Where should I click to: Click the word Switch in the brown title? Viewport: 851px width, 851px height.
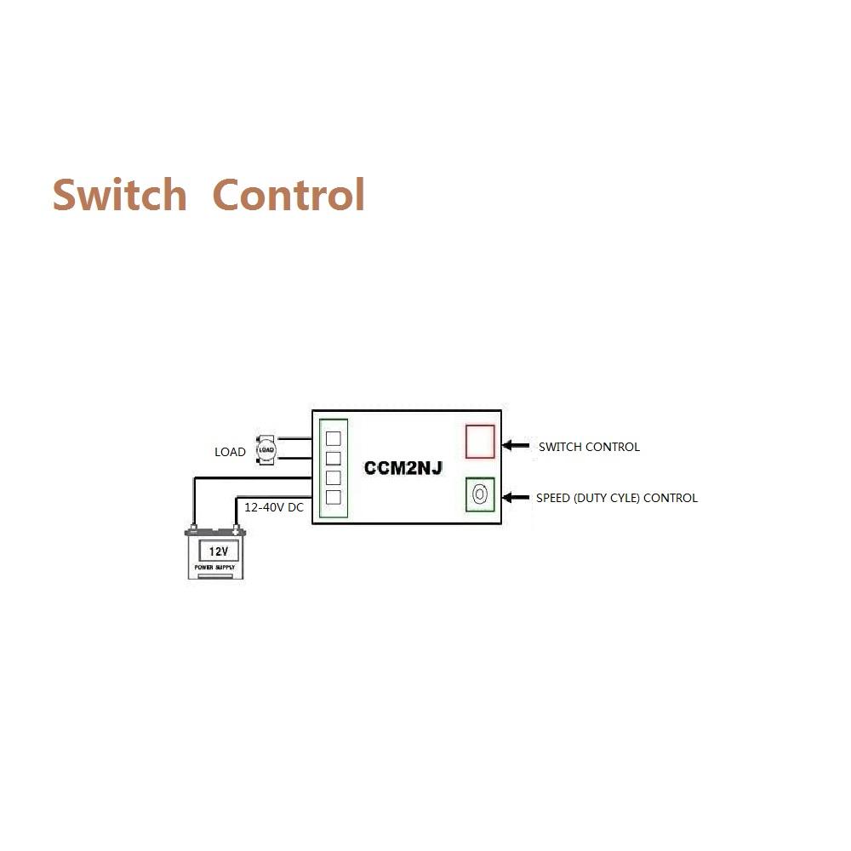119,195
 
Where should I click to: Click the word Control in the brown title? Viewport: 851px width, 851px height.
288,195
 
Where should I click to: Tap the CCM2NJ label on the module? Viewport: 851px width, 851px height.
403,468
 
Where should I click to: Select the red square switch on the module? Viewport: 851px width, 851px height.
480,441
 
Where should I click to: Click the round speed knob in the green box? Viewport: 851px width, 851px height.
480,494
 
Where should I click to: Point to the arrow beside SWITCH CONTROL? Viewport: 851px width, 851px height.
516,445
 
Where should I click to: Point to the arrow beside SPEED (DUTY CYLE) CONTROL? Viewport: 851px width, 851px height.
516,496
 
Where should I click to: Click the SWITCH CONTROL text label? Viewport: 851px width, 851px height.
589,447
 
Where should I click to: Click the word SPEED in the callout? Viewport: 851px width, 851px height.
553,498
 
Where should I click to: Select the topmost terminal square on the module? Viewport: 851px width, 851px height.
334,439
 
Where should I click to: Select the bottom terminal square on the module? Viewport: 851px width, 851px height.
334,497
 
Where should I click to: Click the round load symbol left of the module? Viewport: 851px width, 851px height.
266,449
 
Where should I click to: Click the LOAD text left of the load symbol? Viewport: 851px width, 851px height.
230,452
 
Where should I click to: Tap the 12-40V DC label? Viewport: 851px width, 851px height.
273,507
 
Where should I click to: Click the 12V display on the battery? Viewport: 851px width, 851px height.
218,551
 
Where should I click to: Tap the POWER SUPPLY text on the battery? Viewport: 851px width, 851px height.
214,567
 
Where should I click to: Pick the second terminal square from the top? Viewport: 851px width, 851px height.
334,459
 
